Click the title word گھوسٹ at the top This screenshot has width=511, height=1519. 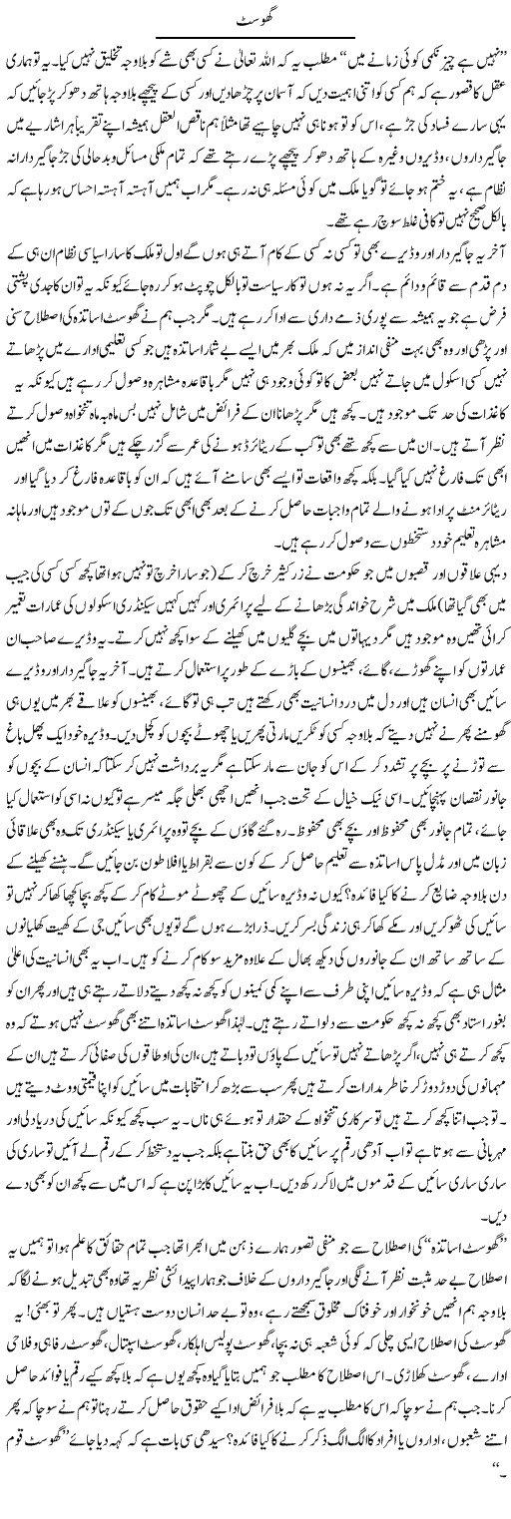pos(255,19)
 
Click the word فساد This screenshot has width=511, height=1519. pos(423,130)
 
